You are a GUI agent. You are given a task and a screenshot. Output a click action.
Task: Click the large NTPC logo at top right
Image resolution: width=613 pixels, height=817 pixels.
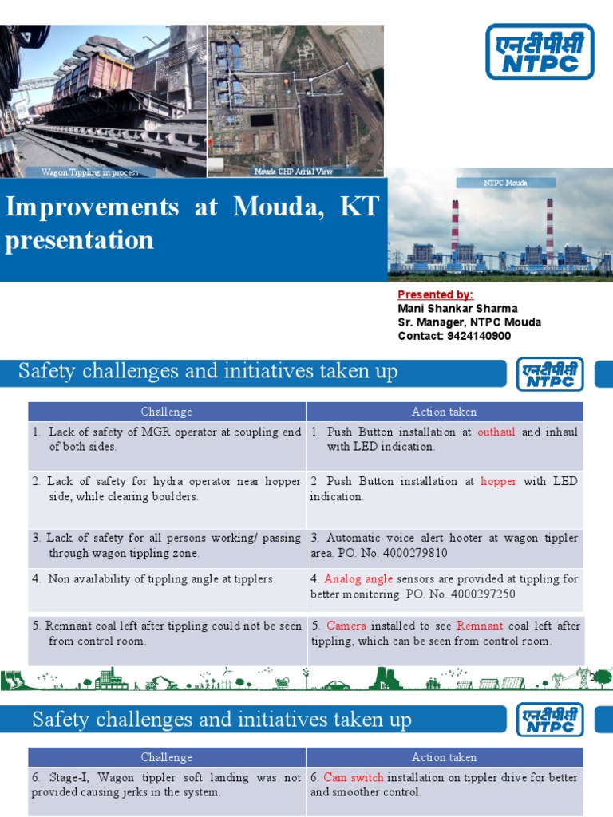540,51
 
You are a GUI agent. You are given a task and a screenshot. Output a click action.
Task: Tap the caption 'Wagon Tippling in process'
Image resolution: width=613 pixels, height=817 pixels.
89,172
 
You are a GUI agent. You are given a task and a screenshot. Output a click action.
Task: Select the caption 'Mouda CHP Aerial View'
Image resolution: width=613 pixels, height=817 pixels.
293,172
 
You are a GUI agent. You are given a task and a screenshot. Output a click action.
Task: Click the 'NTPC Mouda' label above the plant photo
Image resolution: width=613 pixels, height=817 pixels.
505,183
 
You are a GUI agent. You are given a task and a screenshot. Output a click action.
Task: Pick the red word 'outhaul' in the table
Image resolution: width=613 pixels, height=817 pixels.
497,432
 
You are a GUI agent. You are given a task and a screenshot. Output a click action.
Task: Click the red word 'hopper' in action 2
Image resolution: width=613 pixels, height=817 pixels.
499,481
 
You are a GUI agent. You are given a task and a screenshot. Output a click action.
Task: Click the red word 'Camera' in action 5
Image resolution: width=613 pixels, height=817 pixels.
346,626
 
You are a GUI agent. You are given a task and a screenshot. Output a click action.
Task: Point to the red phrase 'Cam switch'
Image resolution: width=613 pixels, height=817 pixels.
354,777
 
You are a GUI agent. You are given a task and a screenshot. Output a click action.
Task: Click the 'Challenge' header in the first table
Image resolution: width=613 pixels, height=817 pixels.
167,412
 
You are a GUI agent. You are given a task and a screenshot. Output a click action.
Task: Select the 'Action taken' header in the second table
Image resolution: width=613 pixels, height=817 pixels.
444,757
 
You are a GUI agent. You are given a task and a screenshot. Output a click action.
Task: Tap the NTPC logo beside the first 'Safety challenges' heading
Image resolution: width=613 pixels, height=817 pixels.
550,373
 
